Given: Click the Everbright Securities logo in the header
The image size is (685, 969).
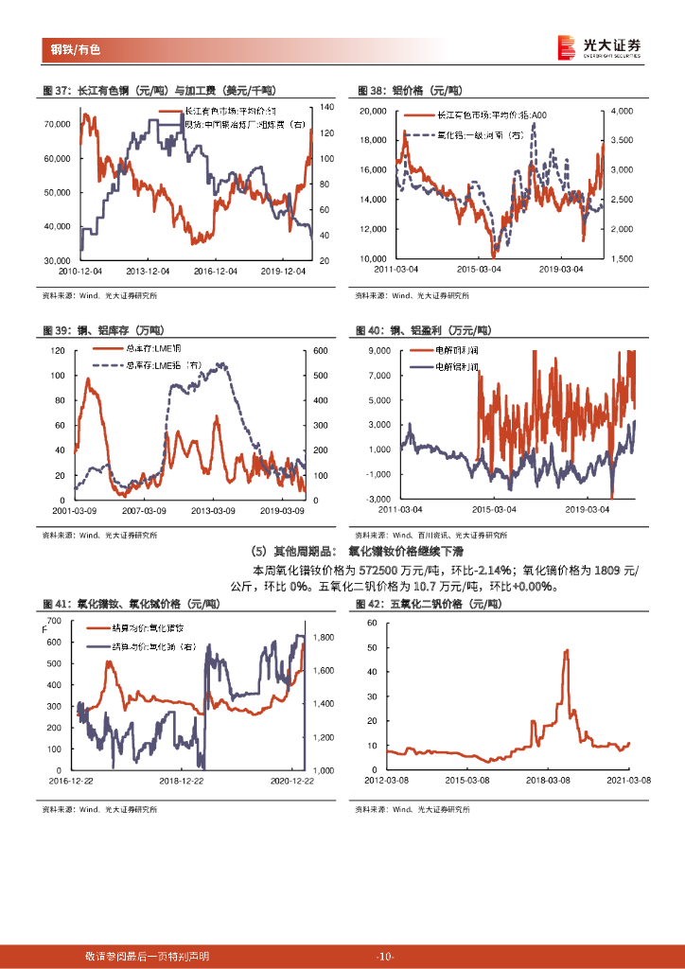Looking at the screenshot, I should click(x=598, y=46).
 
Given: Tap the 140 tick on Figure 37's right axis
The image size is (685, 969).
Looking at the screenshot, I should click(x=327, y=107).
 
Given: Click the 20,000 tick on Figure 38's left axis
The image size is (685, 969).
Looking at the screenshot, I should click(x=373, y=112).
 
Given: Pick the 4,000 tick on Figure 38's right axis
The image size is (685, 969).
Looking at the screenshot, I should click(x=621, y=112).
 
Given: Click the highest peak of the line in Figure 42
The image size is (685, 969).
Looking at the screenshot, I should click(x=566, y=650).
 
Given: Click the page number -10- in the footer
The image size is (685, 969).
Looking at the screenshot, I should click(x=384, y=957).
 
